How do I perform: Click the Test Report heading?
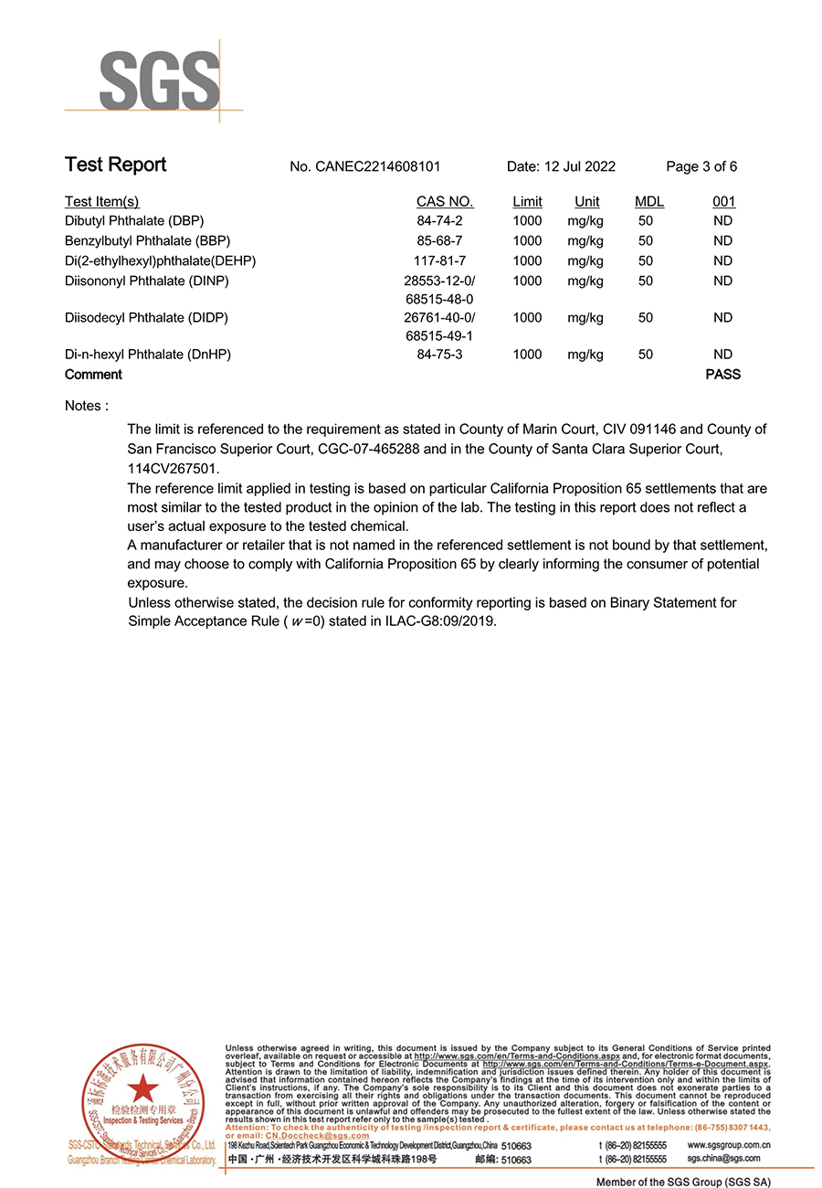point(115,164)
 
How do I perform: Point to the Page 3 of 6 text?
point(701,166)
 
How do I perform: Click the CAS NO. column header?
point(445,202)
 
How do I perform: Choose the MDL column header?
point(649,202)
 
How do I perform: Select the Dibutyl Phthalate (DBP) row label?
point(134,221)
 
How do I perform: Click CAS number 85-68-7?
point(440,241)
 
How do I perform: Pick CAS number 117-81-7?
point(440,261)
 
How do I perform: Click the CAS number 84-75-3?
point(440,355)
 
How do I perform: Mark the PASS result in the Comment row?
point(723,375)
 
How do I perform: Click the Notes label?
point(87,406)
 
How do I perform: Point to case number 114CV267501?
point(173,468)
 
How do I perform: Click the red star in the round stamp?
point(142,1088)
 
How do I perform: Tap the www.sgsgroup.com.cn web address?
point(728,1145)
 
